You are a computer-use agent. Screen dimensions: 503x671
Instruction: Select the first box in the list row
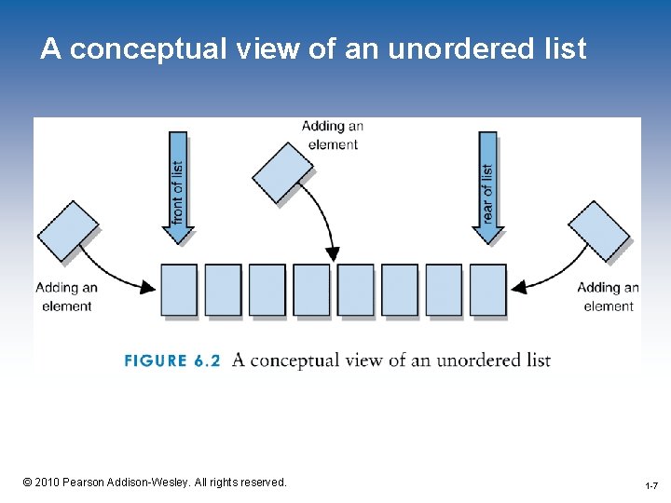(179, 290)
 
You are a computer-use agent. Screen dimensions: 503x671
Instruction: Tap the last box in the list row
(487, 290)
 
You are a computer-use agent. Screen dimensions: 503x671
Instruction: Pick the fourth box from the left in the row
(311, 290)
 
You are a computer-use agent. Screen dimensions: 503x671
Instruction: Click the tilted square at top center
(283, 171)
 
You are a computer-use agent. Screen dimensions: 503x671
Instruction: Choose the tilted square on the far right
(599, 231)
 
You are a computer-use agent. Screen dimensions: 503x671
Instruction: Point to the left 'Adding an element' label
(67, 296)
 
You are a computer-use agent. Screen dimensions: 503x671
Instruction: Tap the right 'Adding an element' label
(608, 296)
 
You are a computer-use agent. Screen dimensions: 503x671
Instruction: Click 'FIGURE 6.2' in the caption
(172, 360)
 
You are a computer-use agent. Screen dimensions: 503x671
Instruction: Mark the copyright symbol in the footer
(27, 482)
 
